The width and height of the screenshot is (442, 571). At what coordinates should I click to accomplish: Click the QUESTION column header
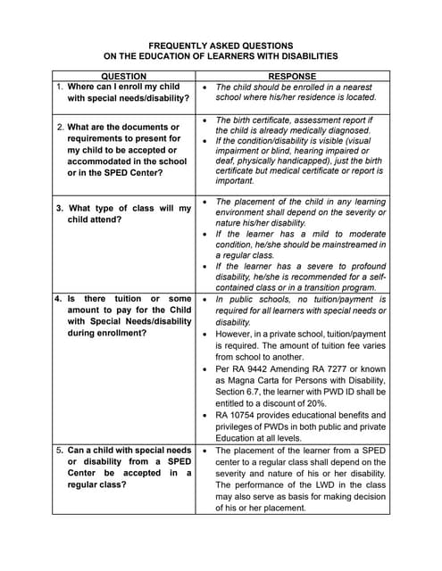(x=125, y=77)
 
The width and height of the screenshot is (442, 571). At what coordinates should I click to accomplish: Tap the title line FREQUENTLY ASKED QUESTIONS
(x=221, y=45)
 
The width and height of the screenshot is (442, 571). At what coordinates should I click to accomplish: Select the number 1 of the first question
(x=59, y=87)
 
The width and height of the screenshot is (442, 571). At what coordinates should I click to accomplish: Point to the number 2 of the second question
(x=60, y=127)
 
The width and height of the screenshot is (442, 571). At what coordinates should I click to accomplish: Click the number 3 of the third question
(x=60, y=208)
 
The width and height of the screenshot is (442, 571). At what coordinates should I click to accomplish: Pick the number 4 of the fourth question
(x=57, y=298)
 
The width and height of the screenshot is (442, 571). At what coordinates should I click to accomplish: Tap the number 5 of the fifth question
(x=58, y=450)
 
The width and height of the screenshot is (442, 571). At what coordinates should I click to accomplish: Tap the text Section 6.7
(x=241, y=391)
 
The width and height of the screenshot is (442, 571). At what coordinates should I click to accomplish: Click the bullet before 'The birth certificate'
(x=205, y=120)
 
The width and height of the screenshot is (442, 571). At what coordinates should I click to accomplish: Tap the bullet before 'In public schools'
(x=205, y=298)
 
